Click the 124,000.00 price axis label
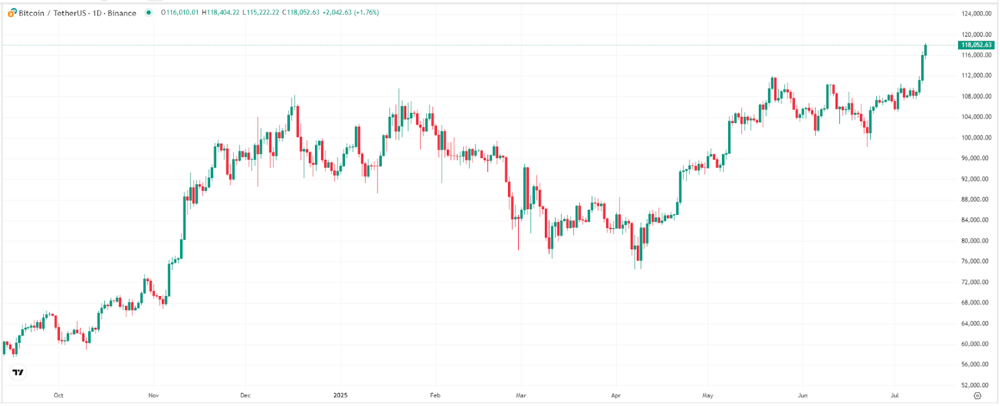(x=976, y=14)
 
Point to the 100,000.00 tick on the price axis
(x=976, y=137)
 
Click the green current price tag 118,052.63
(x=976, y=45)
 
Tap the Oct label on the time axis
(x=58, y=395)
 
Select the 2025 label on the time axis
(x=340, y=395)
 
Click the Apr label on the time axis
(x=616, y=395)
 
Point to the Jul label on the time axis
(x=894, y=395)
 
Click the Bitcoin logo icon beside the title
(x=12, y=12)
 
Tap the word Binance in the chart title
(x=122, y=13)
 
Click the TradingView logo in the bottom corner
(x=18, y=372)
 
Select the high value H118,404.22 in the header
(x=220, y=12)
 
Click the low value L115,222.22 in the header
(x=261, y=12)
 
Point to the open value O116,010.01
(x=179, y=12)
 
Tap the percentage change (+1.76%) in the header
(x=366, y=12)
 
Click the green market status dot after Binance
(x=148, y=12)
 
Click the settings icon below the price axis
(x=977, y=395)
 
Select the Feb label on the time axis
(x=435, y=395)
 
